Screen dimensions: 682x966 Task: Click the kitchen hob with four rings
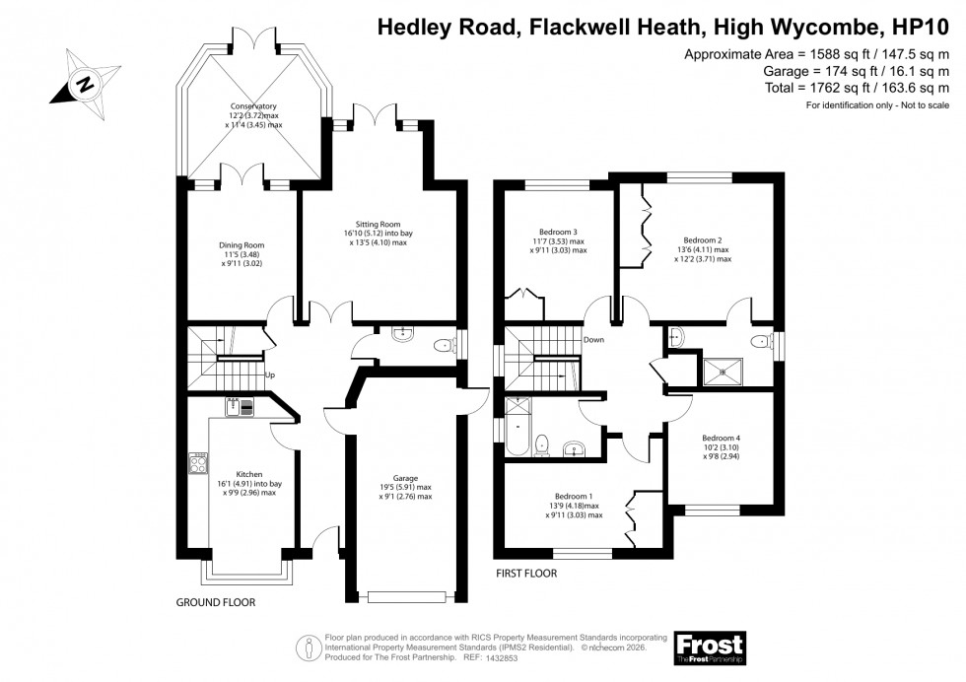[198, 462]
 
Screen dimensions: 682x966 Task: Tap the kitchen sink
[240, 406]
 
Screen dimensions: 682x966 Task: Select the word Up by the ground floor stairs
[269, 375]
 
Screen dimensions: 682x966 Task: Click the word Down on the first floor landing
[593, 340]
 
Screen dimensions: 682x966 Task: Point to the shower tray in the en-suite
[727, 372]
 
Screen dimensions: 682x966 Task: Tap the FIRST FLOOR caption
[526, 573]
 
